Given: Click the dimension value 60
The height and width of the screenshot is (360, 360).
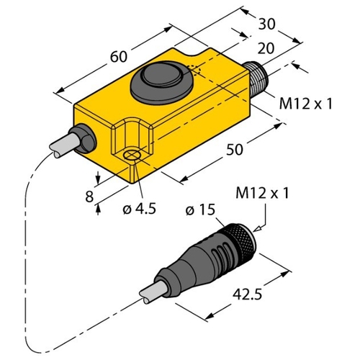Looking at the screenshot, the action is pos(118,57).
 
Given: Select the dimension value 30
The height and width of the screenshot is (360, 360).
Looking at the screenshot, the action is pos(266,24).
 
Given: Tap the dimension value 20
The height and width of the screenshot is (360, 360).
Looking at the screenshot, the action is pos(266,48).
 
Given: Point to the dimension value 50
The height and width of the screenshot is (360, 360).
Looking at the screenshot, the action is pos(235,149).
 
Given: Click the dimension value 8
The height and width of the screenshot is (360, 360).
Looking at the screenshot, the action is pos(89,197).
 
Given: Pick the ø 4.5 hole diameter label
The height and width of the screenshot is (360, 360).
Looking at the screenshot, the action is pos(139,208).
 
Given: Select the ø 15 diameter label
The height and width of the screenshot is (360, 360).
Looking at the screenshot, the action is pos(200,210).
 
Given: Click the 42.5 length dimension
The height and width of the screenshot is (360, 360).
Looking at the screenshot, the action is pos(248,294).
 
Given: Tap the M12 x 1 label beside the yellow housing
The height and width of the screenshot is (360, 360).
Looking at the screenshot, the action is pos(306,104).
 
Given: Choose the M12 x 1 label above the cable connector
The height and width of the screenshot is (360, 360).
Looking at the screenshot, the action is pos(262,193).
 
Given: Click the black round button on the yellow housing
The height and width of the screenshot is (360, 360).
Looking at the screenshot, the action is pos(161,82).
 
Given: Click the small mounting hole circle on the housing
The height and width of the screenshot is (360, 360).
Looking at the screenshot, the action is pos(132,156).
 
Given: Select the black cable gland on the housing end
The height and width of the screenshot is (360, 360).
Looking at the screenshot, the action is pos(84,138).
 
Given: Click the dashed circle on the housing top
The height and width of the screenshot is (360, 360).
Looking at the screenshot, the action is pos(194,71).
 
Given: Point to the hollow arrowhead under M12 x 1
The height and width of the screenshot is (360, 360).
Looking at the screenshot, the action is pos(258,229).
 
